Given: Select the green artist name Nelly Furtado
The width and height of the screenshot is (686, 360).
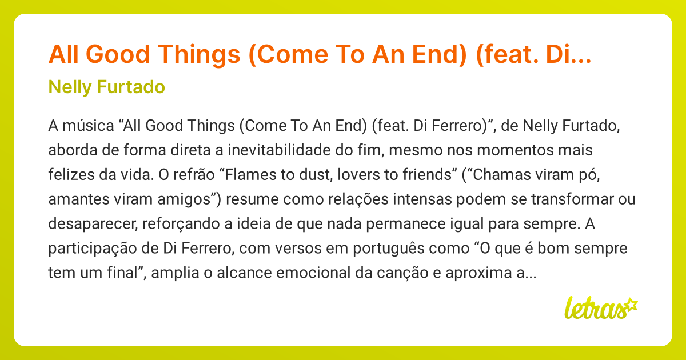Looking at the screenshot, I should tap(107, 87).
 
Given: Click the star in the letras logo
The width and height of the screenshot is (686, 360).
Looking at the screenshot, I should tap(631, 305).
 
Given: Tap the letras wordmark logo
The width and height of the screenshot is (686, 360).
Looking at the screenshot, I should tap(595, 309).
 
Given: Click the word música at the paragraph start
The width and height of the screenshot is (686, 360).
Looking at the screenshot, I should tap(81, 126).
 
